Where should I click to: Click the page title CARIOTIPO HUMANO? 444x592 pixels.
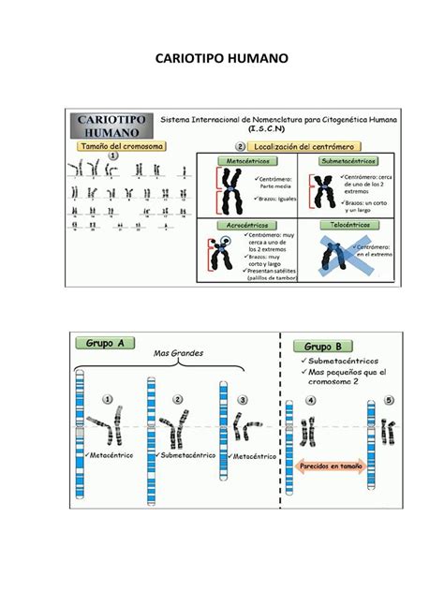pos(222,59)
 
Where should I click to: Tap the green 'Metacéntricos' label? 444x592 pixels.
pos(245,161)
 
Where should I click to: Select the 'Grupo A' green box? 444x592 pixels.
pos(106,344)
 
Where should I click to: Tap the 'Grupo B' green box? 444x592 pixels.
pos(322,346)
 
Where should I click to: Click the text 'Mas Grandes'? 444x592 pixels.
pos(178,353)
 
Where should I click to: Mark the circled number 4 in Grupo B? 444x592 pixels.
pos(312,400)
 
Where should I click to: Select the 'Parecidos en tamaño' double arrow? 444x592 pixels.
pos(332,465)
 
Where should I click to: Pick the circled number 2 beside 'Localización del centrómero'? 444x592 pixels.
pos(240,147)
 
